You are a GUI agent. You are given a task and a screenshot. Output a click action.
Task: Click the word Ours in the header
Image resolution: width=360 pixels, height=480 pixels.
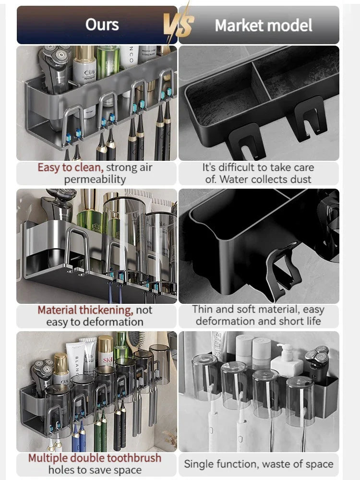pos(102,24)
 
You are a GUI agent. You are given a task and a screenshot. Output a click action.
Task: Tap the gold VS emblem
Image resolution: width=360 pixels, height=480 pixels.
pos(179,24)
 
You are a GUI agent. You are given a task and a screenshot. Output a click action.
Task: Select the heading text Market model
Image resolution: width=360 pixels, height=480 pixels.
pos(264,25)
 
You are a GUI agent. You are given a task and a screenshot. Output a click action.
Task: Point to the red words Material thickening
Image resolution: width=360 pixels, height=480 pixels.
pos(85,310)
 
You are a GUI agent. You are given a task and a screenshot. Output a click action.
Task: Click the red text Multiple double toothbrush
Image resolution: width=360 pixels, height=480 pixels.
pos(95,458)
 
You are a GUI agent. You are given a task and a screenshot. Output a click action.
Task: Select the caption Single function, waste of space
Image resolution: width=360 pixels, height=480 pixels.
pos(259,464)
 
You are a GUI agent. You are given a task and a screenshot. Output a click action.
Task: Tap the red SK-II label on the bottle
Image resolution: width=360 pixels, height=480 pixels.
pos(108,360)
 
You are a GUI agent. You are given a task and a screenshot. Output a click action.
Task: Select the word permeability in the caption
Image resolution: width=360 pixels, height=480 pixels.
pos(95,180)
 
